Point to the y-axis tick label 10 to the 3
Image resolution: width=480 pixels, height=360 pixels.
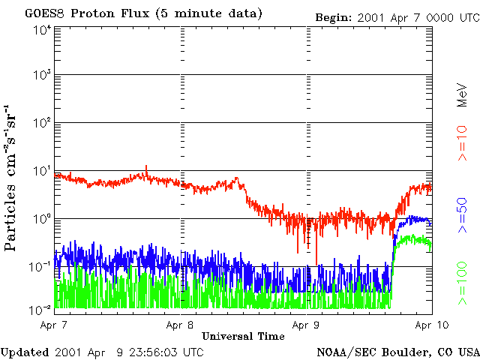(42, 76)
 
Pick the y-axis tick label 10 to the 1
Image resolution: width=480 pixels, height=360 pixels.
(42, 172)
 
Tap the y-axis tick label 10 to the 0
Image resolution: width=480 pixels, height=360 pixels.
(42, 220)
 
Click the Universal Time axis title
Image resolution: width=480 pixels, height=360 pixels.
(243, 336)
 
